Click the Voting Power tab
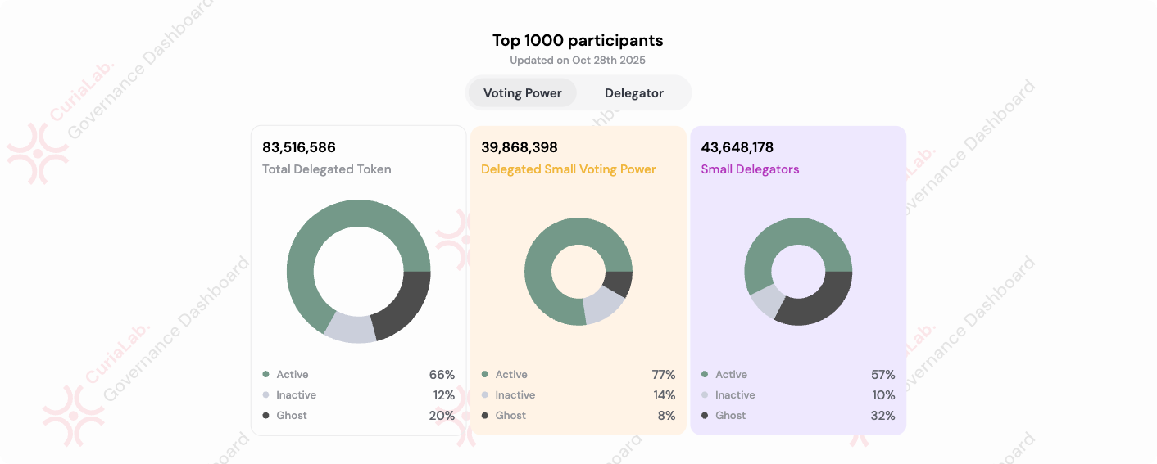[x=522, y=93]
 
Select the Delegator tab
[x=634, y=93]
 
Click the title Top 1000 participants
[x=578, y=40]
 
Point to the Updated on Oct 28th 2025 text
[x=578, y=61]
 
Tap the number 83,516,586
[x=299, y=147]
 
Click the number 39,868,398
[x=520, y=147]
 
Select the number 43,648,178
[x=737, y=147]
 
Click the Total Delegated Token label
[x=327, y=169]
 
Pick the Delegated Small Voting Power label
[x=569, y=169]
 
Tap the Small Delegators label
[x=750, y=169]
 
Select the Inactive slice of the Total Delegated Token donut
[x=351, y=327]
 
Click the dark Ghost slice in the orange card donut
[x=619, y=284]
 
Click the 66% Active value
[x=442, y=375]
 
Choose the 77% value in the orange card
[x=664, y=375]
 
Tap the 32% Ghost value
[x=883, y=416]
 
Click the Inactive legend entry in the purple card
[x=735, y=395]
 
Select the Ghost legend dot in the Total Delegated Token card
[x=265, y=416]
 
